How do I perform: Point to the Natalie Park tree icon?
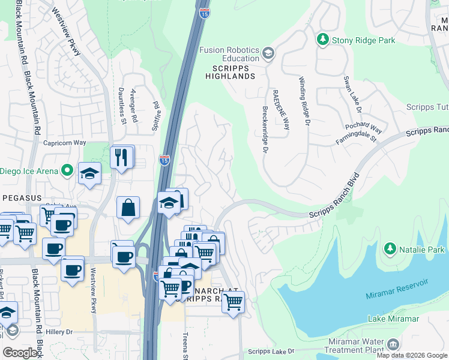coord(390,248)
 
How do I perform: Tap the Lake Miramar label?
coord(393,319)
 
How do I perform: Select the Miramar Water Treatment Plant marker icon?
coord(393,344)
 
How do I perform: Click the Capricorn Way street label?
coord(65,143)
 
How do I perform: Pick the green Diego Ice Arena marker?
coord(67,170)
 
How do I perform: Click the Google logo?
coord(20,352)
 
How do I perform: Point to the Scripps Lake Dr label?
coord(271,351)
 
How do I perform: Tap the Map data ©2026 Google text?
coord(411,355)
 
